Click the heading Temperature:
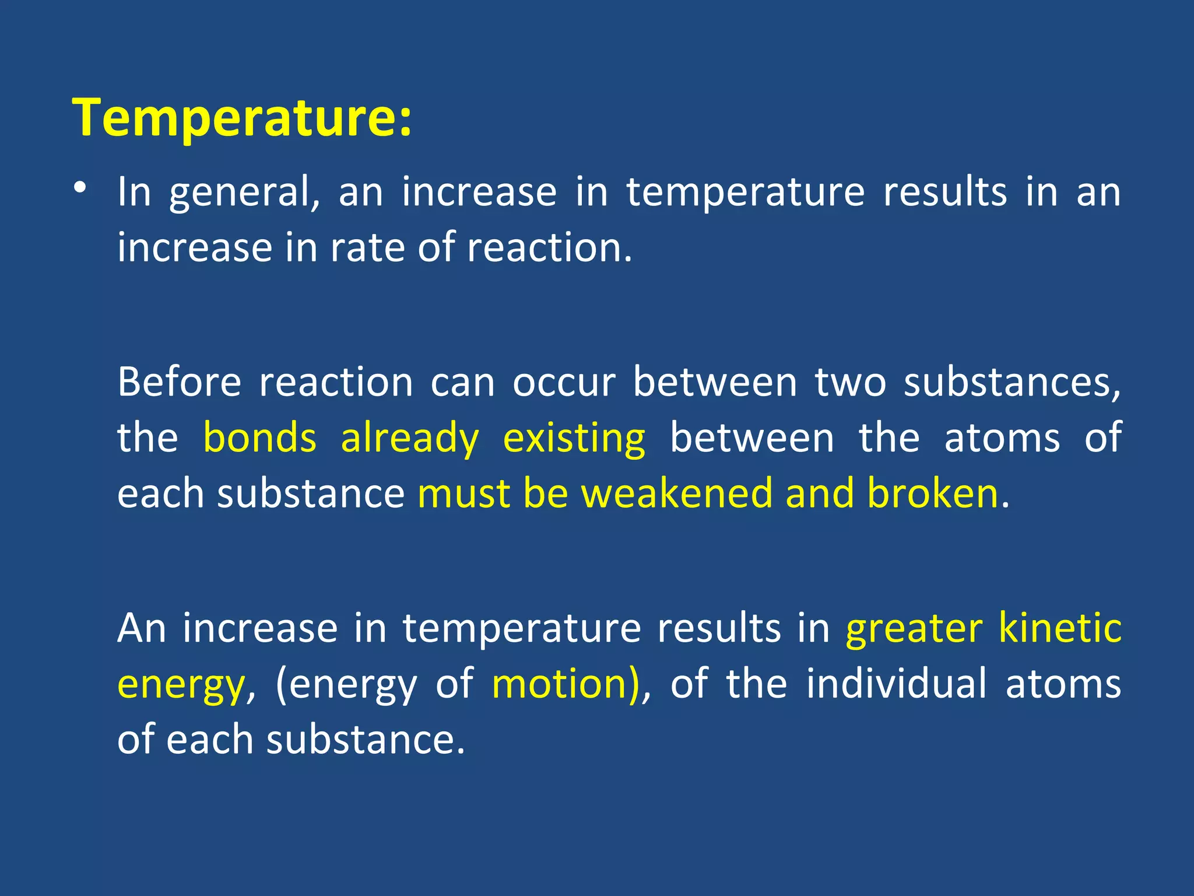[241, 118]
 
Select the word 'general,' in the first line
[244, 192]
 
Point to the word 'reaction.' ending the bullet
[549, 248]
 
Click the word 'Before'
[179, 383]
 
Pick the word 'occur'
[564, 383]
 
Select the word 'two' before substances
[850, 383]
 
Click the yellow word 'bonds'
[260, 438]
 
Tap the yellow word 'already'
[409, 438]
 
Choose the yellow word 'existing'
[574, 438]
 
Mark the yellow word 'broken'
[933, 494]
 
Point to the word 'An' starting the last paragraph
[142, 628]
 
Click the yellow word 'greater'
[914, 628]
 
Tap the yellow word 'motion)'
[566, 684]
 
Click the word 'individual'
[897, 684]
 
